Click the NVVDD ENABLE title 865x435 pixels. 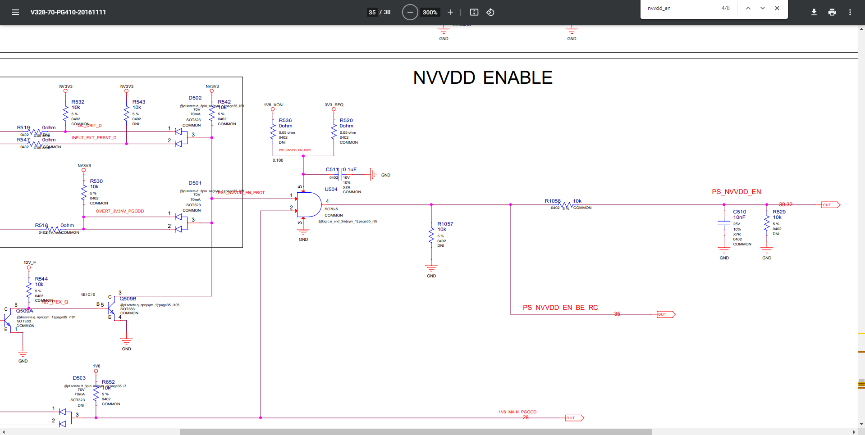pyautogui.click(x=482, y=78)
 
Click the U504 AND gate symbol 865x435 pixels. pyautogui.click(x=309, y=205)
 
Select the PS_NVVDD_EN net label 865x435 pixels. pyautogui.click(x=736, y=192)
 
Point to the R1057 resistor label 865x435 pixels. pyautogui.click(x=445, y=224)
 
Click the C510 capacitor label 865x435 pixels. pyautogui.click(x=739, y=212)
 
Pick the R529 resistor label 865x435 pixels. pyautogui.click(x=779, y=212)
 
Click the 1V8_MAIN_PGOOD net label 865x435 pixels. pyautogui.click(x=517, y=412)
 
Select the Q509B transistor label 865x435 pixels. pyautogui.click(x=128, y=299)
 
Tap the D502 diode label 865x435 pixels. pyautogui.click(x=195, y=98)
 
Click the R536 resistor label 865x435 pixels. pyautogui.click(x=285, y=120)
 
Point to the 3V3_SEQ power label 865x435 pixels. pyautogui.click(x=334, y=105)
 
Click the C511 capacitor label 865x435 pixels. pyautogui.click(x=332, y=170)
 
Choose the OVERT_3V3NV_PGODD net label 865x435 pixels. pyautogui.click(x=119, y=211)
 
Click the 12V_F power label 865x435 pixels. pyautogui.click(x=30, y=263)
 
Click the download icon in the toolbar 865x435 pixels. pyautogui.click(x=814, y=12)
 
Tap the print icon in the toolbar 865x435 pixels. pyautogui.click(x=832, y=12)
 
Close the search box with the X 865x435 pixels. pyautogui.click(x=777, y=8)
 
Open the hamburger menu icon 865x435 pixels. pyautogui.click(x=15, y=12)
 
